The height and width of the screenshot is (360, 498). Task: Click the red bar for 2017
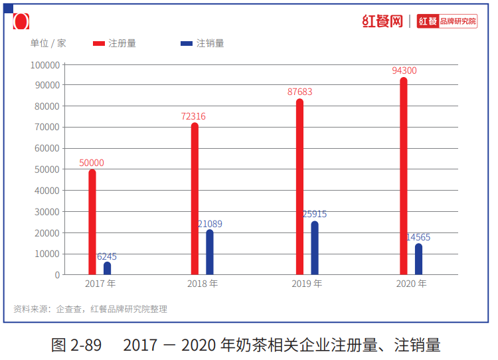[92, 222]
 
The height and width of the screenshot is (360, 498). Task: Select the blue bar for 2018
[210, 252]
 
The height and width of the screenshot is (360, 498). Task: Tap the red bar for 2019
[299, 187]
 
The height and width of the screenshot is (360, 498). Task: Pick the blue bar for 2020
[418, 259]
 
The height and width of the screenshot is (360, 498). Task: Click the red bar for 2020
[404, 176]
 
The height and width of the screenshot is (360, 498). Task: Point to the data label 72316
[193, 116]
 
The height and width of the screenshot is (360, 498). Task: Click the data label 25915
[315, 215]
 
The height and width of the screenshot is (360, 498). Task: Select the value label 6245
[107, 256]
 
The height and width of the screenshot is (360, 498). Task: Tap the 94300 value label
[404, 70]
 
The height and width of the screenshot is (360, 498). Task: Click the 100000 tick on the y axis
[45, 64]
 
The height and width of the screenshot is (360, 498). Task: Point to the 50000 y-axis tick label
[47, 169]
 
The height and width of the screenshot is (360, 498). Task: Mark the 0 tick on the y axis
[57, 275]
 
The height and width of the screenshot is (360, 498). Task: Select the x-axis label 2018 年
[203, 284]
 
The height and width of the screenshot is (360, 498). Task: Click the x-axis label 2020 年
[411, 284]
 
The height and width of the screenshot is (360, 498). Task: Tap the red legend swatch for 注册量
[99, 44]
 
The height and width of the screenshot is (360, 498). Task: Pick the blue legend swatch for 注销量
[187, 44]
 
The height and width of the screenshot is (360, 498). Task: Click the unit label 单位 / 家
[48, 43]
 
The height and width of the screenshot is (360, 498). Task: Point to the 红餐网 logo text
[382, 21]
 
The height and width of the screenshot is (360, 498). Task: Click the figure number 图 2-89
[76, 345]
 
